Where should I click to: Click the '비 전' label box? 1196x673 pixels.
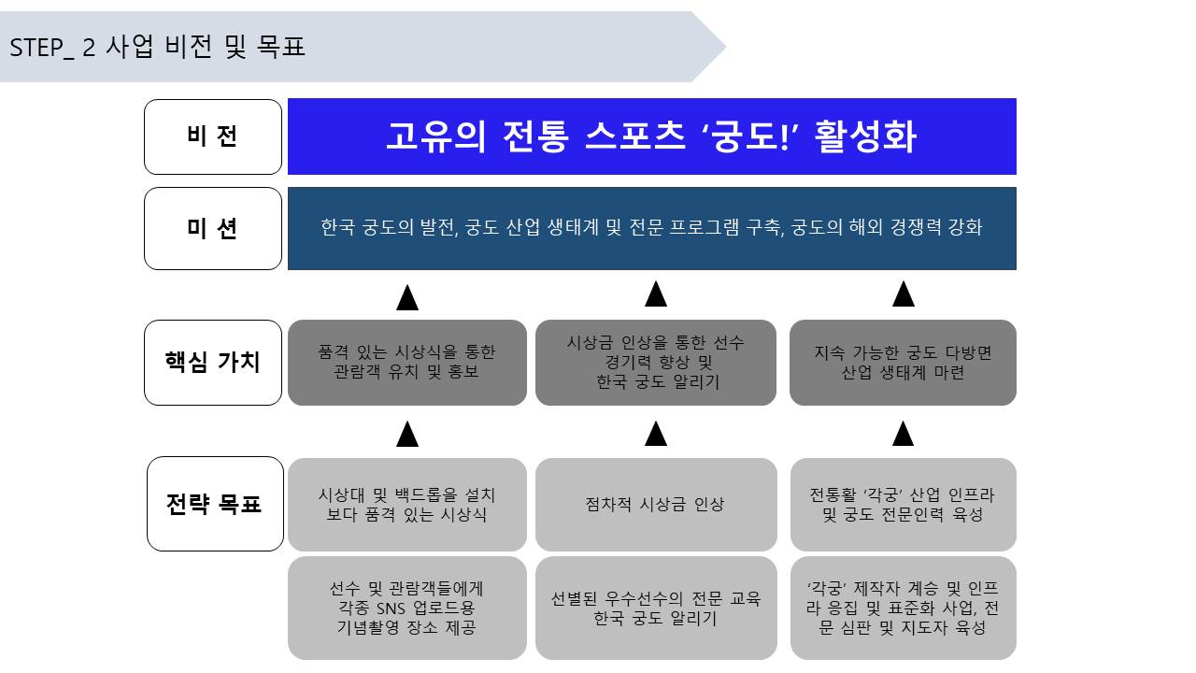(213, 136)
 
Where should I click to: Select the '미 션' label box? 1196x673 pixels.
(213, 229)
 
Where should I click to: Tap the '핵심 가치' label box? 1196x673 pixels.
(213, 363)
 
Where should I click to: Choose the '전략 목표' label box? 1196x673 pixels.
(215, 504)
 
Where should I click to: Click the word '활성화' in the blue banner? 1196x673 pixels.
(865, 136)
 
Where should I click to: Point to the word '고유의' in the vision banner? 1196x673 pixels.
(435, 136)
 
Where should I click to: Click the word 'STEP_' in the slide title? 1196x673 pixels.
(42, 48)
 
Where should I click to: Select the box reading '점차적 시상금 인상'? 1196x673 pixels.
(656, 504)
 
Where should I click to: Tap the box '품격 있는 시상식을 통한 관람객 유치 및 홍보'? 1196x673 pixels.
(407, 363)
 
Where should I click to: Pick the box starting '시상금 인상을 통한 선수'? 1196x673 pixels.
(656, 363)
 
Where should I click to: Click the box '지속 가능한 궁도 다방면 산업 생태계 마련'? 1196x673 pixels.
(903, 363)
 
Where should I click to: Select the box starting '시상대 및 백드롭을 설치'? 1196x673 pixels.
(407, 504)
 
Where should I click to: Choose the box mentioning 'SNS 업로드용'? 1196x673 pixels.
(407, 608)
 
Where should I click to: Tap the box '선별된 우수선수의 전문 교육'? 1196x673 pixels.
(656, 608)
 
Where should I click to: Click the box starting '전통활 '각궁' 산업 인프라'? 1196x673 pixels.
(904, 504)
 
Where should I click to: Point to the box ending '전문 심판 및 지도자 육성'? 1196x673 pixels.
(904, 608)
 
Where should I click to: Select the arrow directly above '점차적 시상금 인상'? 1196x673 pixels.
(656, 434)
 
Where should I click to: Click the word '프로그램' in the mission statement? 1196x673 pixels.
(704, 227)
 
